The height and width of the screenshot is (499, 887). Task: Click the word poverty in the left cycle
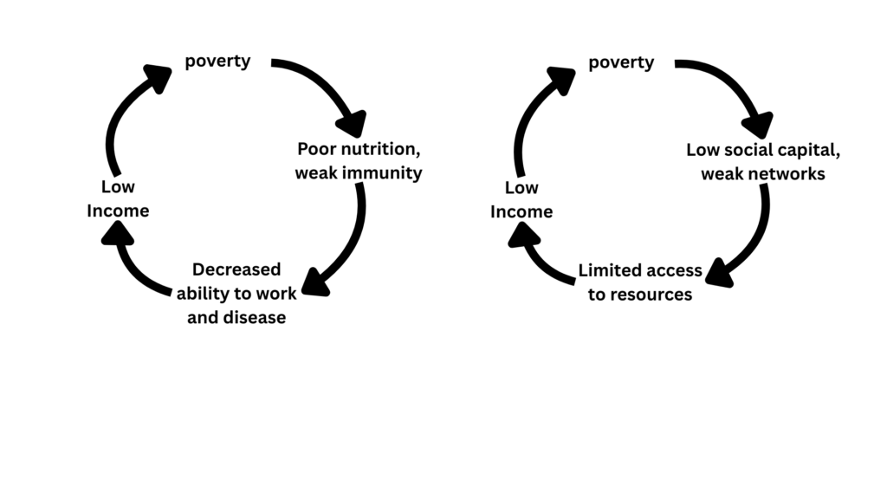217,62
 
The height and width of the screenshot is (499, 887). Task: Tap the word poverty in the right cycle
621,62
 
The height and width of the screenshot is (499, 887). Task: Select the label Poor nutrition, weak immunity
359,160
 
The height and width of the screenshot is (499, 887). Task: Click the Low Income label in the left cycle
118,198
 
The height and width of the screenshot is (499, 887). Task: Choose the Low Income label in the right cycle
521,200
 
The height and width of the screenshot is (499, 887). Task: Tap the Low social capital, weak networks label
763,162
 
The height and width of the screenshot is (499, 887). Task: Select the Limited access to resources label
640,282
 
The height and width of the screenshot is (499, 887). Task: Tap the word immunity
389,173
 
